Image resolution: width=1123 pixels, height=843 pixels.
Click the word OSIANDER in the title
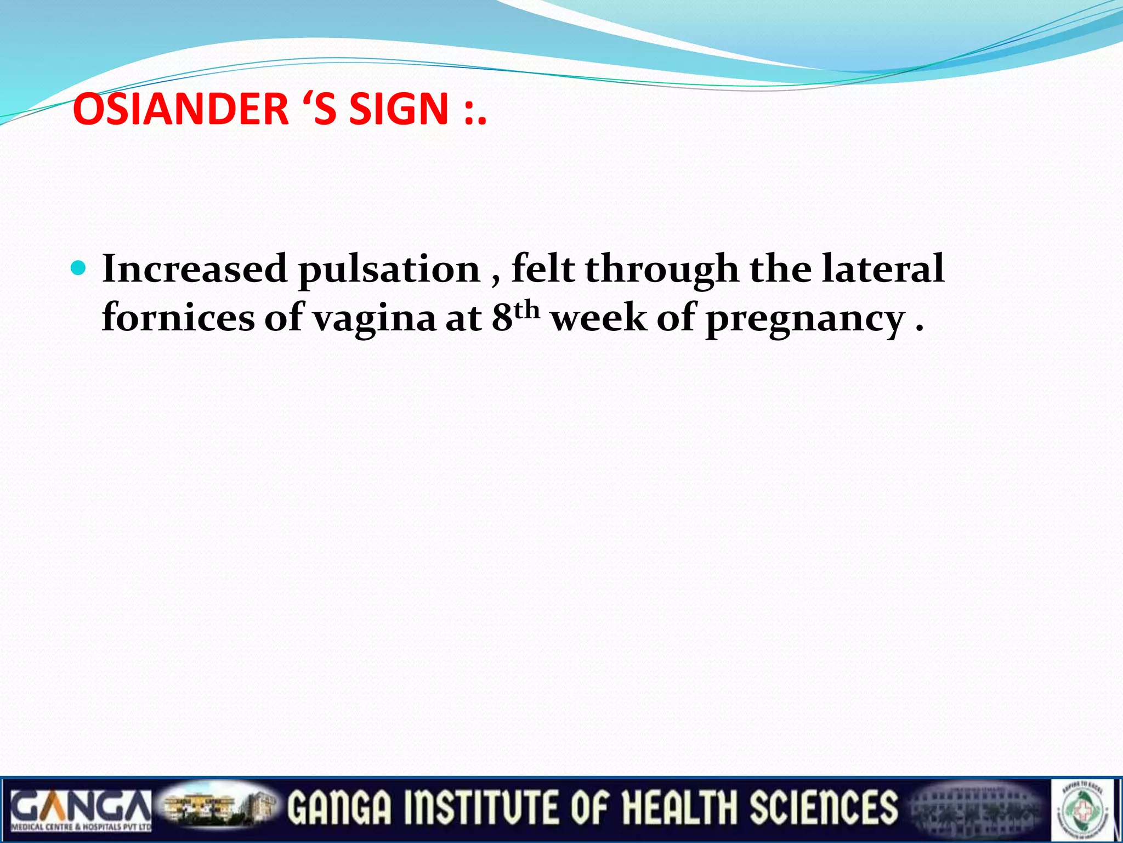coord(180,108)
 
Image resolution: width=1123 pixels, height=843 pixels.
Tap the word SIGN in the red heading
coord(399,108)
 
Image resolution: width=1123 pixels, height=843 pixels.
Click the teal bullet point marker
coord(79,268)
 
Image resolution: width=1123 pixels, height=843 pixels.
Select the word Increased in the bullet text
coord(195,269)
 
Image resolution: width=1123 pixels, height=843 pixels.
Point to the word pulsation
coord(389,270)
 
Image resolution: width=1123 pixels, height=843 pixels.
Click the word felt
coord(543,269)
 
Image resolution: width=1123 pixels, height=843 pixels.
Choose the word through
coord(662,270)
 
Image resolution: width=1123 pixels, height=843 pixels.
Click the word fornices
coord(178,318)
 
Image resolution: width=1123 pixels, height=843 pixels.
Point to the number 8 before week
coord(502,318)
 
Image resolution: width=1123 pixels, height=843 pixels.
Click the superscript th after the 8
coord(527,310)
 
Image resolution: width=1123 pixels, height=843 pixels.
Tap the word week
coord(599,318)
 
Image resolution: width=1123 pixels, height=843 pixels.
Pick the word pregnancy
coord(804,319)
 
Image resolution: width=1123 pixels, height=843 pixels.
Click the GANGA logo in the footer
coord(81,809)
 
